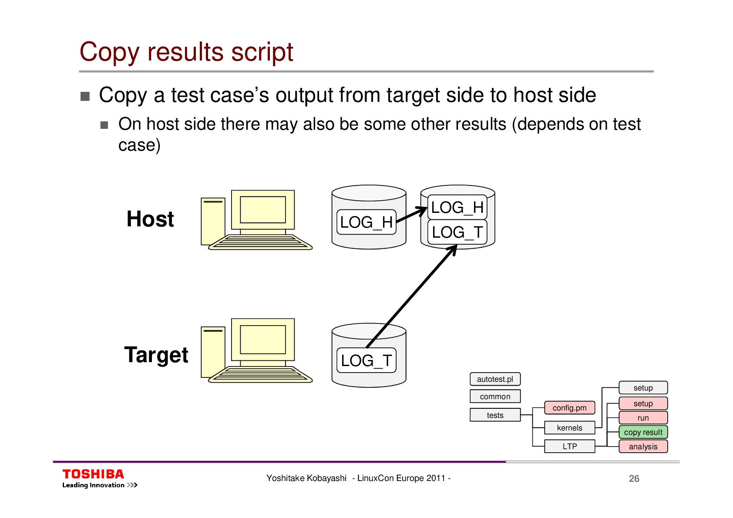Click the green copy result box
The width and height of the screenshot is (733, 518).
click(643, 432)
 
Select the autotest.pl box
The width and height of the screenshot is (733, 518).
click(495, 379)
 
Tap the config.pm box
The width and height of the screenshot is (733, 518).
click(569, 408)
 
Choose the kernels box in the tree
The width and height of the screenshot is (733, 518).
click(569, 428)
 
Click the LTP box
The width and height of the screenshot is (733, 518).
click(569, 446)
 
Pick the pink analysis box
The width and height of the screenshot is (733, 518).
click(643, 447)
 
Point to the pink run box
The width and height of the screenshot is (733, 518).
click(643, 418)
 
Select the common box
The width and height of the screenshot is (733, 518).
click(495, 397)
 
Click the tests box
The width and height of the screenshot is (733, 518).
click(495, 415)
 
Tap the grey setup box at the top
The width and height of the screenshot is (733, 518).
click(643, 388)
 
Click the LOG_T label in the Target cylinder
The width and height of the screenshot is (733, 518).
click(366, 360)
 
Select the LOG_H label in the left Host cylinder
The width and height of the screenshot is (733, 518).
click(366, 222)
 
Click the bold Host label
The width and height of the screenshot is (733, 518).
click(150, 219)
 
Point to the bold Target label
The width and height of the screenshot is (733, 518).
click(156, 355)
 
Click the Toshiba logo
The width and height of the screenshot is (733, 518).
click(94, 474)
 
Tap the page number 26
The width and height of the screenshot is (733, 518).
click(634, 479)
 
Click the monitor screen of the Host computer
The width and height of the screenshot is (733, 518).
click(263, 210)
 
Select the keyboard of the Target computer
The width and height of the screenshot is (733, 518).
click(261, 375)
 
